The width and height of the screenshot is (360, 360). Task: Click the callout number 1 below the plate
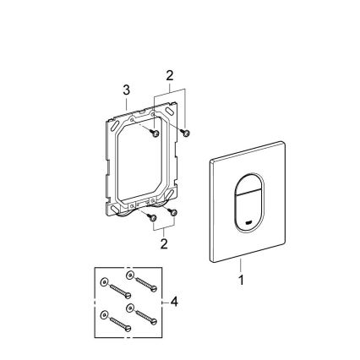click(242, 281)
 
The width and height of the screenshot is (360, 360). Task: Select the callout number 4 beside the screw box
click(173, 301)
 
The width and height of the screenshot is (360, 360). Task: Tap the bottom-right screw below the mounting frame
click(171, 211)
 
